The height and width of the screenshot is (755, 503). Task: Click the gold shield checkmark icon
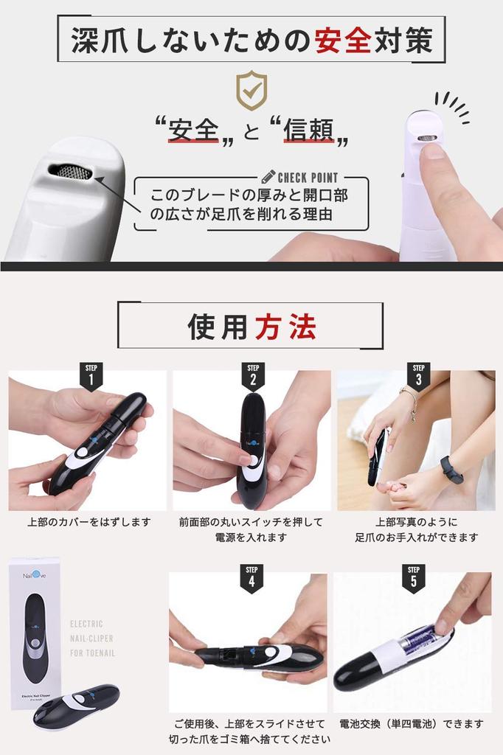point(251,91)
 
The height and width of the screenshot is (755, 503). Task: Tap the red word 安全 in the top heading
point(342,40)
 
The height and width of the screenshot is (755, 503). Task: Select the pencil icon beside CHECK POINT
point(268,177)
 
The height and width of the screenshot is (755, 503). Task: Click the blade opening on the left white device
point(70,172)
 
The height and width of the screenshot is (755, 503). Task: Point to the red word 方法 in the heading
point(285,326)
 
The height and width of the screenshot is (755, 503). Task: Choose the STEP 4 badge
point(251,579)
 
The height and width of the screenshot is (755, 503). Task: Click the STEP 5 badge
point(413,579)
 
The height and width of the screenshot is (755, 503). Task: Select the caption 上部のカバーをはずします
point(89,522)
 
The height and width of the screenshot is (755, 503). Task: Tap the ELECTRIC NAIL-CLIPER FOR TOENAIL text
point(92,638)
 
